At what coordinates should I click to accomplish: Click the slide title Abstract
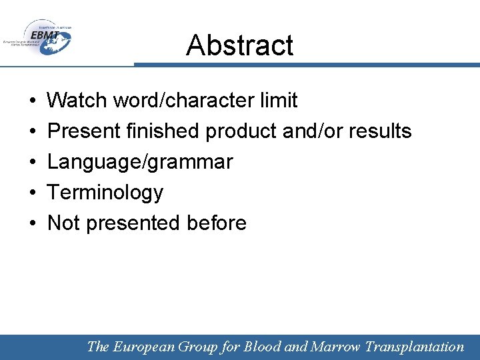[239, 45]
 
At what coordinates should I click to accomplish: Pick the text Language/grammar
[140, 162]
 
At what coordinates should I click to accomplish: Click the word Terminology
[105, 193]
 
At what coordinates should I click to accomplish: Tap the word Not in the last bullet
[63, 223]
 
